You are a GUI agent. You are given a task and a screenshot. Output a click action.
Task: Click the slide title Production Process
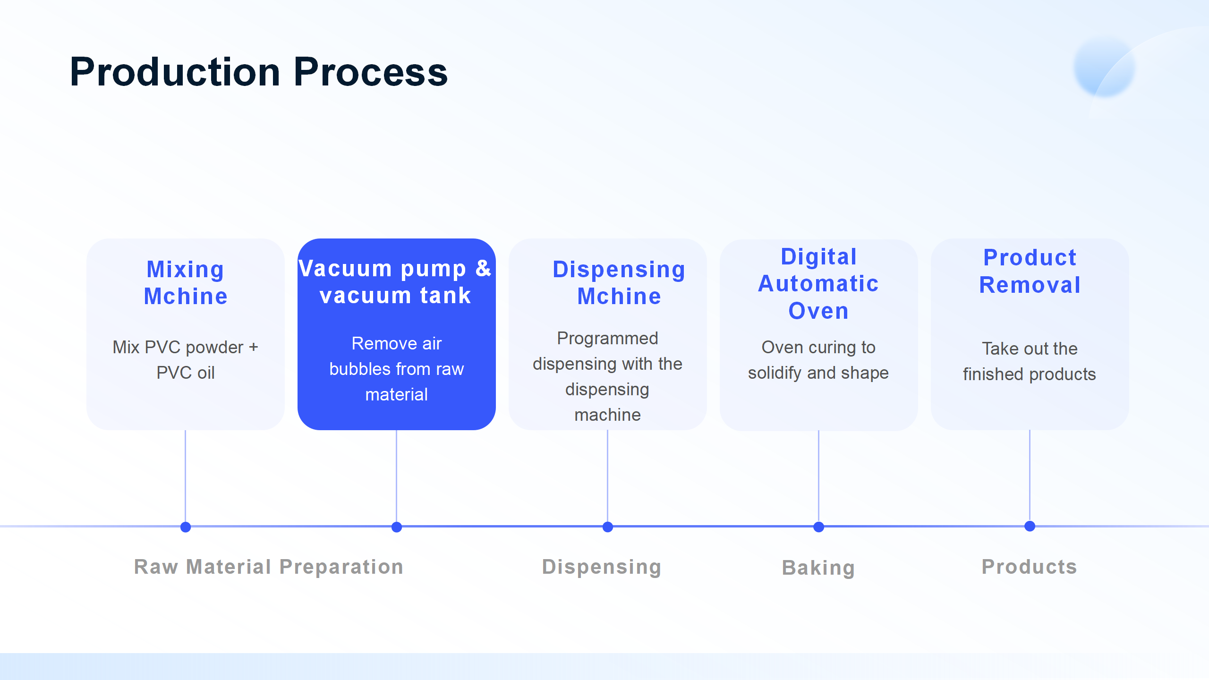click(259, 72)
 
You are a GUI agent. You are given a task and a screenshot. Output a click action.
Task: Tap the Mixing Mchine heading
click(186, 283)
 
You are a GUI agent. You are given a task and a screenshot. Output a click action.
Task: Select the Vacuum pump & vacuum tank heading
click(396, 282)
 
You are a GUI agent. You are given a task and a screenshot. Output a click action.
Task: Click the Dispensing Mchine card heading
click(619, 283)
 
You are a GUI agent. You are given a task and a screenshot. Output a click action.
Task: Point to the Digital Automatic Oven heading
click(818, 284)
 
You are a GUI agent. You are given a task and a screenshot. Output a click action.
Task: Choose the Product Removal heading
click(1030, 272)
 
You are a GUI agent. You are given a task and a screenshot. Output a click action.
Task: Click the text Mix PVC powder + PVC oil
click(186, 360)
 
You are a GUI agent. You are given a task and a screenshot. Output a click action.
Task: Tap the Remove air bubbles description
click(396, 369)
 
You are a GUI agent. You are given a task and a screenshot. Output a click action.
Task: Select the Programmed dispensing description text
click(607, 376)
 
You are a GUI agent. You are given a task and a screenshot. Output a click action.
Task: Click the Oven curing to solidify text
click(818, 360)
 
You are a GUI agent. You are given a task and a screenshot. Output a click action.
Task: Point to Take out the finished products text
click(1030, 361)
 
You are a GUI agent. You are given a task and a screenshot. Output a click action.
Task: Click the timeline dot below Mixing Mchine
click(186, 527)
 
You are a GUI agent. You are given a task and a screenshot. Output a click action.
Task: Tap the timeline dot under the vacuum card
click(397, 527)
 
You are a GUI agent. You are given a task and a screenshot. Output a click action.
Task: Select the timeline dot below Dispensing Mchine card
click(608, 527)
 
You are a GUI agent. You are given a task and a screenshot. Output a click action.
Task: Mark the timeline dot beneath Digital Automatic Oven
click(819, 527)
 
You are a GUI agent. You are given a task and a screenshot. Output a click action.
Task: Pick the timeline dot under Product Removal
click(1030, 526)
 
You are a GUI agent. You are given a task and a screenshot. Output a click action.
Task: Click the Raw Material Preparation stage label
click(269, 567)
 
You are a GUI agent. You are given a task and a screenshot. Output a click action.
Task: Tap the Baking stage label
click(818, 568)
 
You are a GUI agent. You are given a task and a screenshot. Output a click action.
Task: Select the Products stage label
click(1030, 567)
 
